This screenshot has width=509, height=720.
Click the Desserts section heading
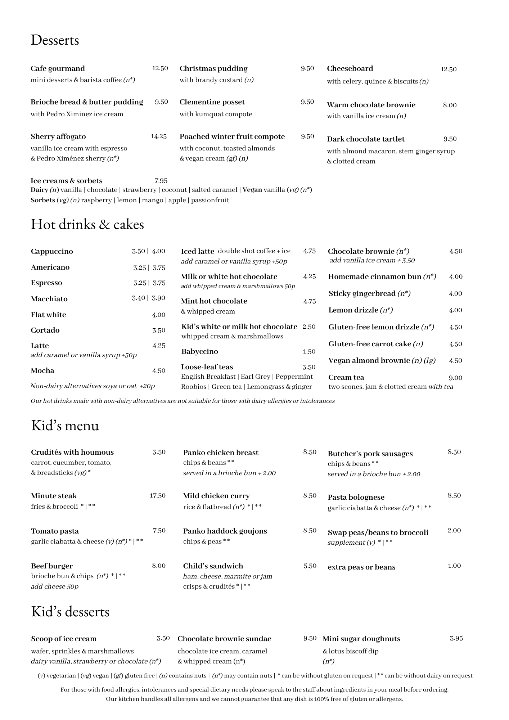click(55, 40)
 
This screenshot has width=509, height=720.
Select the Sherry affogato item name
click(58, 137)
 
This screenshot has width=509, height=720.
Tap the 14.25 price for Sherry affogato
click(158, 136)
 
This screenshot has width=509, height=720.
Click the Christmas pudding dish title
click(213, 69)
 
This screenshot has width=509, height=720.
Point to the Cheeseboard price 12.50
click(448, 69)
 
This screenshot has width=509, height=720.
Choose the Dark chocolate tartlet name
click(365, 139)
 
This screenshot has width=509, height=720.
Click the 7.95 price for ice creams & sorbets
click(161, 181)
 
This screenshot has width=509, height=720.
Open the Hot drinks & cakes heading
click(87, 224)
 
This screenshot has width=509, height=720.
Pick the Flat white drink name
click(49, 315)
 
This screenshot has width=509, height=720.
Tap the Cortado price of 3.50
click(159, 330)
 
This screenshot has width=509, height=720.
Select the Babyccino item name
click(199, 352)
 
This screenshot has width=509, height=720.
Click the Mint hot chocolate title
click(214, 301)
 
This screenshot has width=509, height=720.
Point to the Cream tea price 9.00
click(455, 378)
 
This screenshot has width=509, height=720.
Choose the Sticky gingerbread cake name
click(362, 294)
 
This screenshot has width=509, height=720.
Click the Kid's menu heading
click(65, 426)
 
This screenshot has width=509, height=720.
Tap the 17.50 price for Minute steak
click(158, 496)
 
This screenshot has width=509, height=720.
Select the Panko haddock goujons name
click(225, 531)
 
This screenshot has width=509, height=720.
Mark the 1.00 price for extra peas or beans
click(454, 566)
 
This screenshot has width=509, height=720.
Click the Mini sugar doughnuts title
click(361, 639)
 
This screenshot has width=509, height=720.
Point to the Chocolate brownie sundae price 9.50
click(310, 639)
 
